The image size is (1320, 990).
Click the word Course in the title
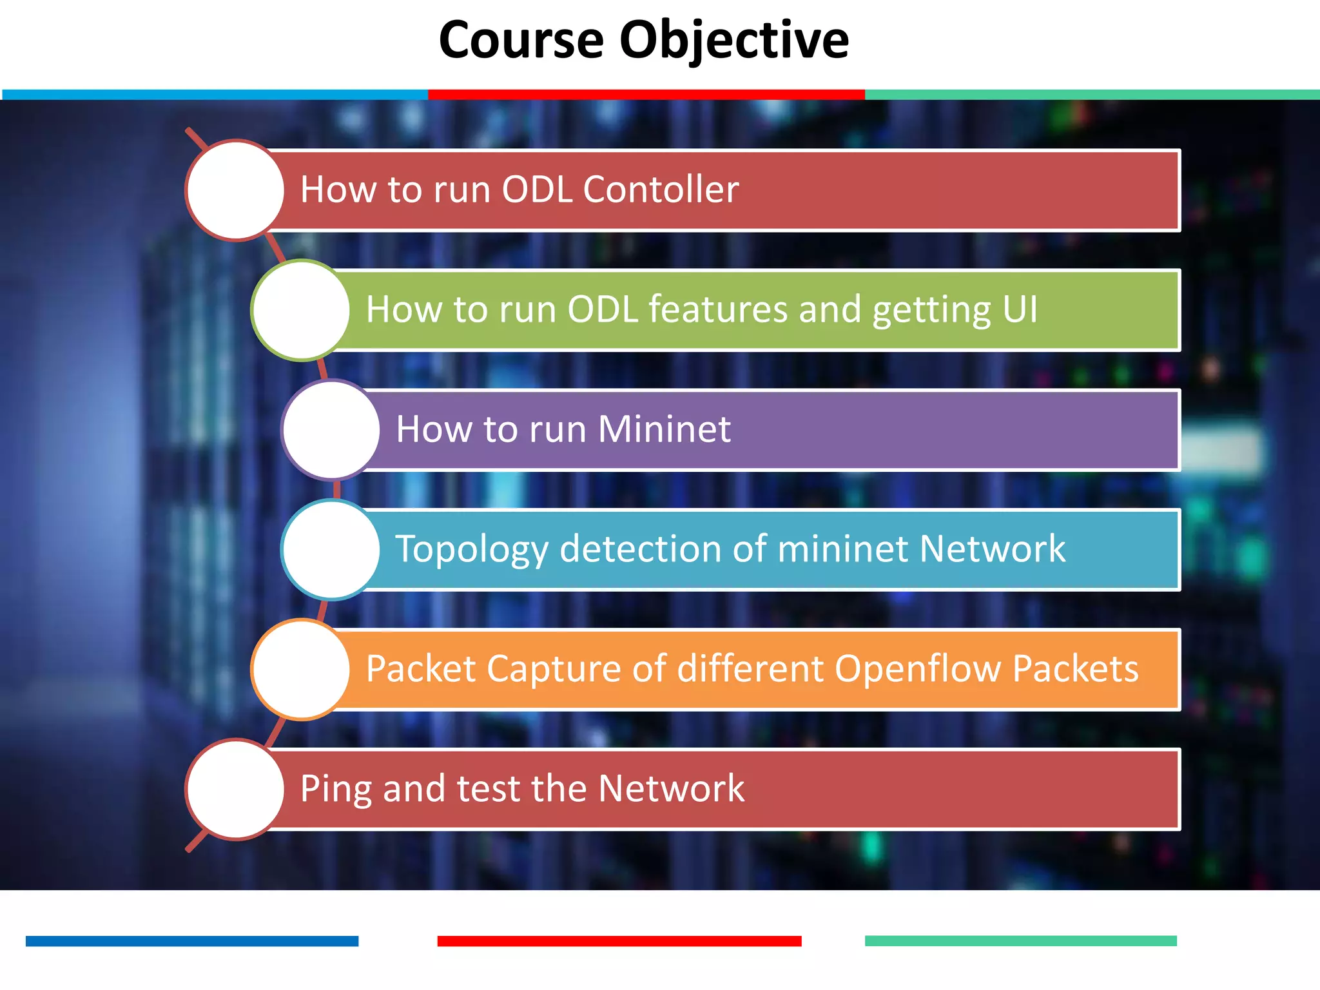click(521, 40)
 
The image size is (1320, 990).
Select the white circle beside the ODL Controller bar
click(235, 191)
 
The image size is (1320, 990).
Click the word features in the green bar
click(717, 309)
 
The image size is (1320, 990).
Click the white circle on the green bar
click(301, 310)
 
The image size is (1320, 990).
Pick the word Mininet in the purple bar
click(664, 429)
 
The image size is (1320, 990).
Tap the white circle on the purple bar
click(331, 430)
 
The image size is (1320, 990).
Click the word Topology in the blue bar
click(472, 549)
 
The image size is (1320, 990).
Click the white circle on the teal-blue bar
click(331, 550)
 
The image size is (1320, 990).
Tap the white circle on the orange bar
click(301, 670)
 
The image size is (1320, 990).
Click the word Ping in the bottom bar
click(336, 789)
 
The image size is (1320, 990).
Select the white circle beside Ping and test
click(235, 790)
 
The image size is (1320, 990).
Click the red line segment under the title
click(646, 95)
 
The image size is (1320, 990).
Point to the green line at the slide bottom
click(1020, 941)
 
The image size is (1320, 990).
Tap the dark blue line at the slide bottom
click(191, 941)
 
